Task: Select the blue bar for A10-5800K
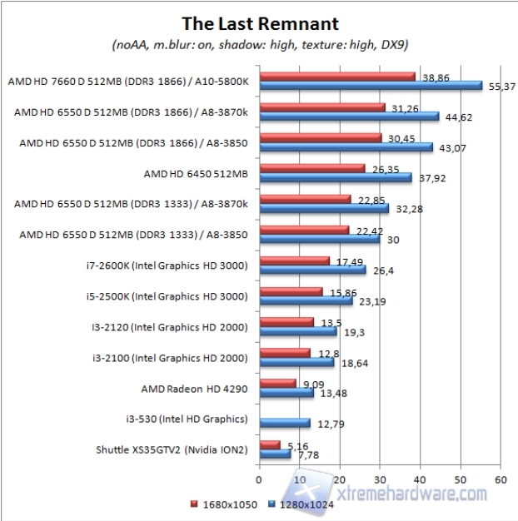click(371, 85)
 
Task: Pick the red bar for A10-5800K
click(337, 77)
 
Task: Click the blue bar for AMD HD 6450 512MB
click(336, 176)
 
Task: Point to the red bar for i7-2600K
click(295, 261)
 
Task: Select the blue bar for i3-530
click(285, 423)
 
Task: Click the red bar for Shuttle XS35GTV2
click(270, 445)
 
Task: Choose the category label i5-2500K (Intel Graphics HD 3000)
click(190, 296)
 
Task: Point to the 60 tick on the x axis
click(501, 480)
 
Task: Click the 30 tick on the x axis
click(381, 480)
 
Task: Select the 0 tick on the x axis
click(260, 480)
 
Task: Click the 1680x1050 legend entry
click(221, 505)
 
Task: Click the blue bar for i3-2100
click(296, 362)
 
